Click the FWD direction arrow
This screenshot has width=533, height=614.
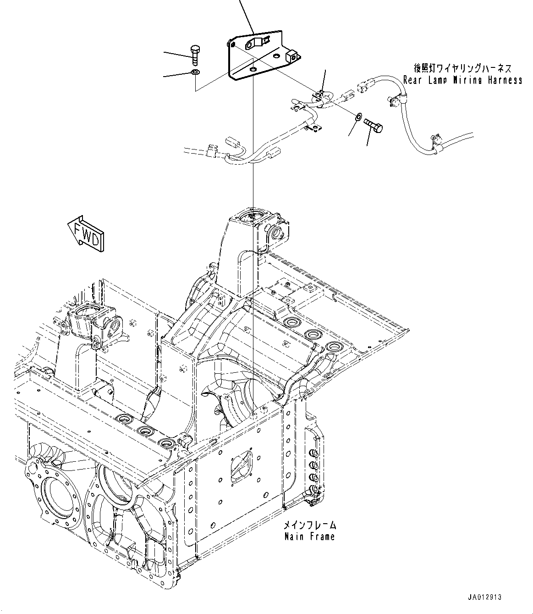pyautogui.click(x=86, y=234)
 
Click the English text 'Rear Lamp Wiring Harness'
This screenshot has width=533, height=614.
pyautogui.click(x=462, y=80)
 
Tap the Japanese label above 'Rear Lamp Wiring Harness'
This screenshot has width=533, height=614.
pyautogui.click(x=462, y=69)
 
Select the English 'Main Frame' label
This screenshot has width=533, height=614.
pyautogui.click(x=309, y=536)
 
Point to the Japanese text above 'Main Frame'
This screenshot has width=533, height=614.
pyautogui.click(x=309, y=525)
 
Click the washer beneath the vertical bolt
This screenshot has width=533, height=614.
pyautogui.click(x=195, y=72)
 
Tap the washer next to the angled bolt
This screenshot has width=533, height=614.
pyautogui.click(x=358, y=116)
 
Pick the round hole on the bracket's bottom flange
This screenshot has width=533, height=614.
pyautogui.click(x=254, y=69)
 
